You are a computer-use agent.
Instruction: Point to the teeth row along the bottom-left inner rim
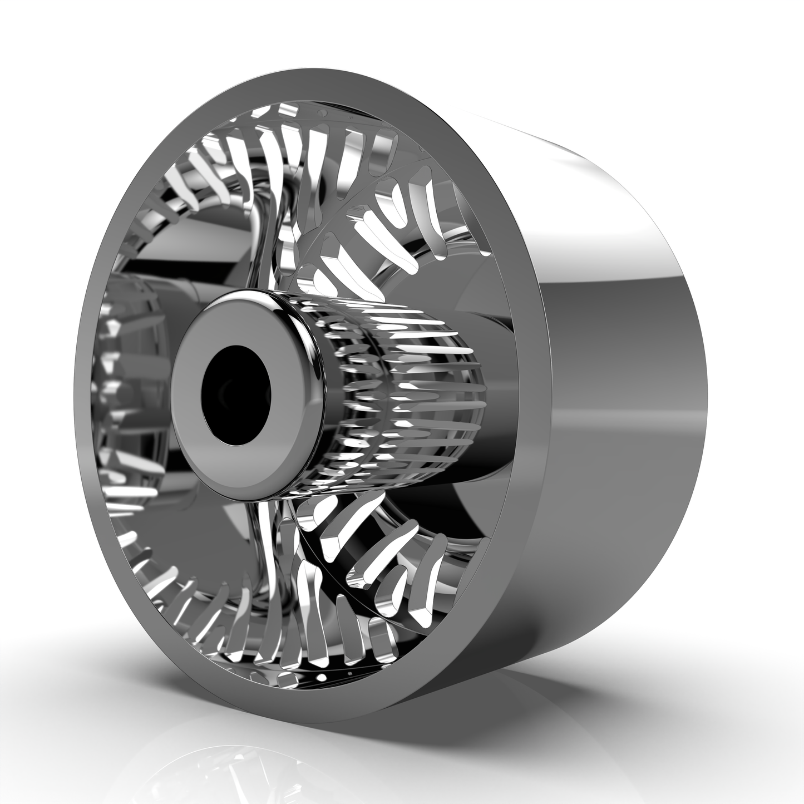(x=184, y=601)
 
